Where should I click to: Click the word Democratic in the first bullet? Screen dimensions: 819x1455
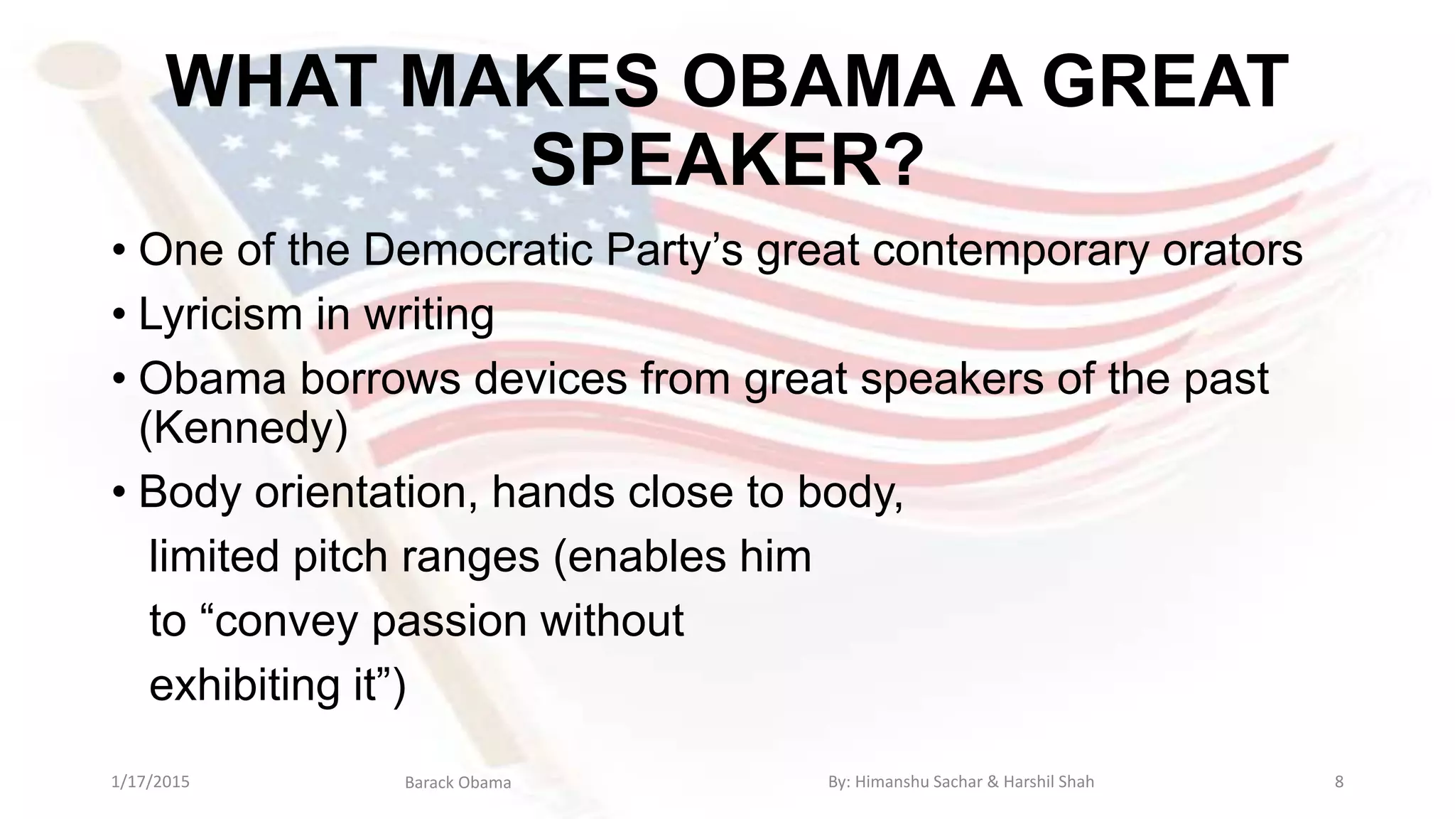click(x=478, y=250)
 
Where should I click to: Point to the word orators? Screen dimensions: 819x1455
click(x=1232, y=250)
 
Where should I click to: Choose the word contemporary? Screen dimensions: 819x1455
click(x=1010, y=251)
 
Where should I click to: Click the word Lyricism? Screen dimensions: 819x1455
click(x=221, y=314)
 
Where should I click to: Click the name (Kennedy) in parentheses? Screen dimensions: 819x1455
click(x=243, y=428)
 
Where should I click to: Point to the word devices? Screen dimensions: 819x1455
click(x=551, y=378)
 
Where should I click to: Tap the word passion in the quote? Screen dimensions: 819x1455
click(x=449, y=620)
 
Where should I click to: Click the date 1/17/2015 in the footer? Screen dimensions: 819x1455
click(x=151, y=782)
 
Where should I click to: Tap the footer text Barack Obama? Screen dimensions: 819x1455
click(x=458, y=783)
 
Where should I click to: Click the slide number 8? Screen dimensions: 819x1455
click(x=1339, y=782)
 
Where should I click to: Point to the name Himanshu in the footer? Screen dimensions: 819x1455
click(x=886, y=782)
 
